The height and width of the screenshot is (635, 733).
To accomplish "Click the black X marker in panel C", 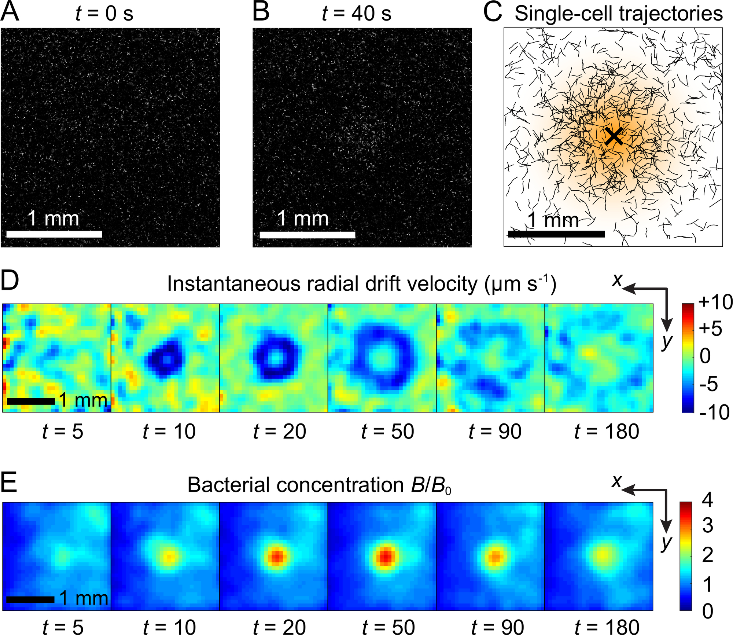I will point(614,136).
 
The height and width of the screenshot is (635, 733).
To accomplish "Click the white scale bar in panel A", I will point(54,234).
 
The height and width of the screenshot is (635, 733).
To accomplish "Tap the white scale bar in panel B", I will point(307,234).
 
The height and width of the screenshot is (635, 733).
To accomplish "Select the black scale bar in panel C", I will point(556,234).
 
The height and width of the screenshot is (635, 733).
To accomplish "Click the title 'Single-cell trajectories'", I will point(619,14).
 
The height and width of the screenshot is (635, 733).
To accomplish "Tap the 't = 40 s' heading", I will point(356,14).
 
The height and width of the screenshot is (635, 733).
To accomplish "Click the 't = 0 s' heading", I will point(104,14).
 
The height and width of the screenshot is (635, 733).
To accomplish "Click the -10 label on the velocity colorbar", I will point(714,412).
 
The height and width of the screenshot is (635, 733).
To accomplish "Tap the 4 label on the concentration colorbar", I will point(707,500).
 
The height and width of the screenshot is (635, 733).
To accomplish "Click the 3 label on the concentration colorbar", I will point(707,525).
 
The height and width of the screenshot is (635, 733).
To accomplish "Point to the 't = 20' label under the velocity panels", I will point(279,432).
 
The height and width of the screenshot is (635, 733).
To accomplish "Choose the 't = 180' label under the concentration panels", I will point(607,627).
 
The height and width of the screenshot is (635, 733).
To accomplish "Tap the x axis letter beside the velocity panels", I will point(618,280).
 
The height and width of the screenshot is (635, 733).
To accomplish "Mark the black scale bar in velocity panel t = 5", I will point(31,401).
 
